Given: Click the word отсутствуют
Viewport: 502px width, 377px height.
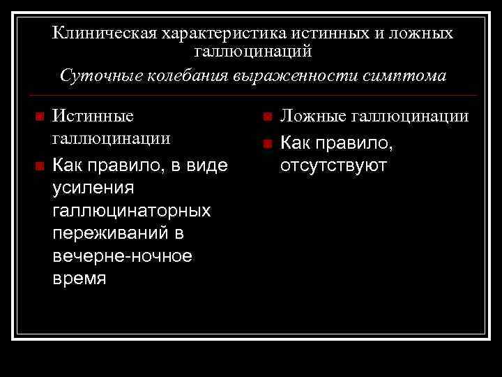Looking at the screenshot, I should coord(333,165).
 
